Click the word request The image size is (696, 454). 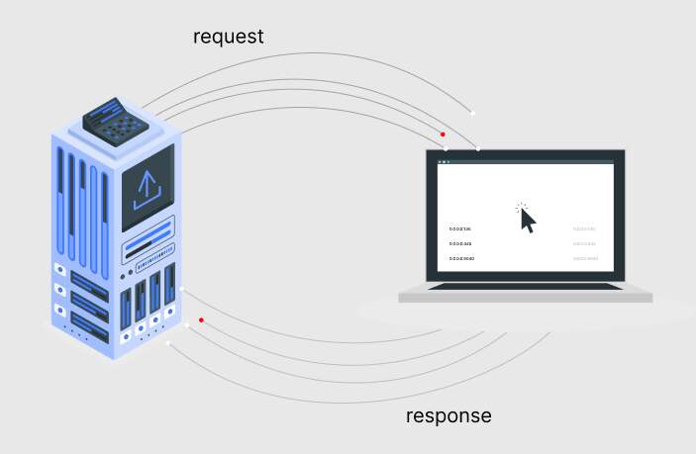229,38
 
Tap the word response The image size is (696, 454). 448,415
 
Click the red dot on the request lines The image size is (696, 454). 443,134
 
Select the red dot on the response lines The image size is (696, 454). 201,319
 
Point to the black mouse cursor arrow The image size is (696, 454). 527,220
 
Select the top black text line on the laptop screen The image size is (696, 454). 460,228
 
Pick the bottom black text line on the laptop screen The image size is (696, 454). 462,258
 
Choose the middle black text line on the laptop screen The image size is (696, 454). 460,243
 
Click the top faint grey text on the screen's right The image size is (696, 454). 584,228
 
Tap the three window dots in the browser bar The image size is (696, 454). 444,161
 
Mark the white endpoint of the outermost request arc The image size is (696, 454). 472,113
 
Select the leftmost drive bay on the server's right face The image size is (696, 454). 126,309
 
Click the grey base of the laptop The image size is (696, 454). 525,297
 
